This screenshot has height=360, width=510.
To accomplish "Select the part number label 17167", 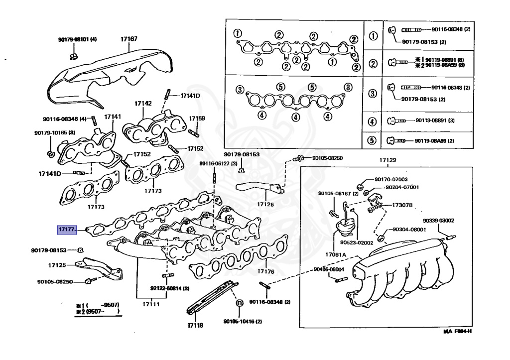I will click(x=129, y=38).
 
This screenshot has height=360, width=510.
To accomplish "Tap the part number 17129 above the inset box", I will click(x=387, y=160).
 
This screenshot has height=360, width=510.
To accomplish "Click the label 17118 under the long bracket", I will click(x=195, y=325).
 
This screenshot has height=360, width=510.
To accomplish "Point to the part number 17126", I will click(x=265, y=204).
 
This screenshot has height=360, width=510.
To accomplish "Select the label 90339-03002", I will click(x=438, y=220).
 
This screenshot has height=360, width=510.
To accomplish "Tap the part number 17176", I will click(x=266, y=271).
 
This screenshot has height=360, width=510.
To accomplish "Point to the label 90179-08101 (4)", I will click(x=77, y=39).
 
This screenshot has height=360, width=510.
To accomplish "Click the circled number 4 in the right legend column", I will click(x=371, y=121).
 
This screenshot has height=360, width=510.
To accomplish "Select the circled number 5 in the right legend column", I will click(x=371, y=140).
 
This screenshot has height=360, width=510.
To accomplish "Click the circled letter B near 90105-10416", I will click(x=239, y=303).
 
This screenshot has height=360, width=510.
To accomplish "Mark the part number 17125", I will click(x=57, y=265).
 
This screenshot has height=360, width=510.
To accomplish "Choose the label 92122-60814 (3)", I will click(x=170, y=288).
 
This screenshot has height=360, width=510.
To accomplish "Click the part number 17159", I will click(x=196, y=119).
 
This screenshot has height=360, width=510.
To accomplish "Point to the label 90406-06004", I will click(x=329, y=269).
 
